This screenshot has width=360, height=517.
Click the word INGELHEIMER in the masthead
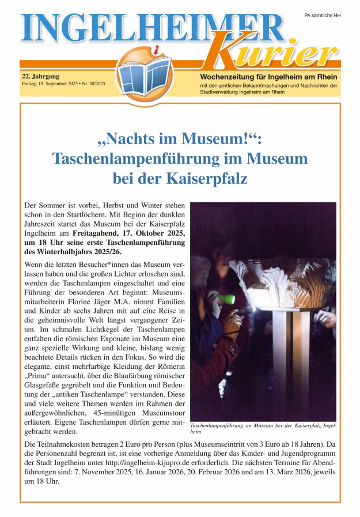(153, 28)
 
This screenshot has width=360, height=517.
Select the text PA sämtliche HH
(322, 15)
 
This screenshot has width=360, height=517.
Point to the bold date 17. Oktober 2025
(143, 234)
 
